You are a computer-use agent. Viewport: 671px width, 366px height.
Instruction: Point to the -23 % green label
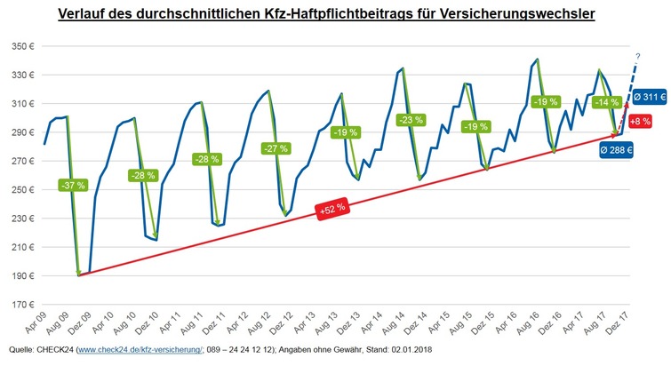pyautogui.click(x=411, y=120)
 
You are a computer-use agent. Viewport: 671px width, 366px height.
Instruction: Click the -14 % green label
pyautogui.click(x=604, y=102)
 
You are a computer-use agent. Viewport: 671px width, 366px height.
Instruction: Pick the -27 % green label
pyautogui.click(x=275, y=148)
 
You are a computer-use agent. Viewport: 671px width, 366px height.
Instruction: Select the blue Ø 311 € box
pyautogui.click(x=648, y=97)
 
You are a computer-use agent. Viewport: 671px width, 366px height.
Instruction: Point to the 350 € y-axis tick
pyautogui.click(x=20, y=46)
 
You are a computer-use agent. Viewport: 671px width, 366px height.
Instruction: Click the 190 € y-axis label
pyautogui.click(x=20, y=275)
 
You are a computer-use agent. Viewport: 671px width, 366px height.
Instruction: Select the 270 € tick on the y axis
pyautogui.click(x=20, y=161)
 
